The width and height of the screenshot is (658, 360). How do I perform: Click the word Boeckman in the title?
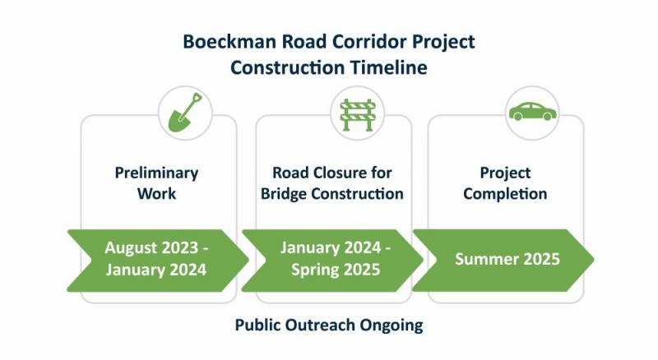229,42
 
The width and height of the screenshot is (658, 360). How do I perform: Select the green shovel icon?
185,113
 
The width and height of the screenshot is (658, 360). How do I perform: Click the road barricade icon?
358,115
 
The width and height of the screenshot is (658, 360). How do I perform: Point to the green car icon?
532,112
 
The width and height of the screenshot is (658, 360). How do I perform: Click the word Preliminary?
156,173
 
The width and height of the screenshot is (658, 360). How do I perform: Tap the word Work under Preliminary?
156,194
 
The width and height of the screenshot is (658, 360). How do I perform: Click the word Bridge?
284,194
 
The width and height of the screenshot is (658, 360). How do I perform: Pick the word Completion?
505,194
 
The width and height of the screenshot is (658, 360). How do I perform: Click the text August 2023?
151,247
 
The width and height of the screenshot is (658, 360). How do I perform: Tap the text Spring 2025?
336,270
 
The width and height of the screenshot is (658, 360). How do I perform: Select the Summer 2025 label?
507,259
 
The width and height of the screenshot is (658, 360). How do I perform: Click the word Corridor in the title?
369,42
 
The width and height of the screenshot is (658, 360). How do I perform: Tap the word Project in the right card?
505,173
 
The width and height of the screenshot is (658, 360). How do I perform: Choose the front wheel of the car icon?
547,116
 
